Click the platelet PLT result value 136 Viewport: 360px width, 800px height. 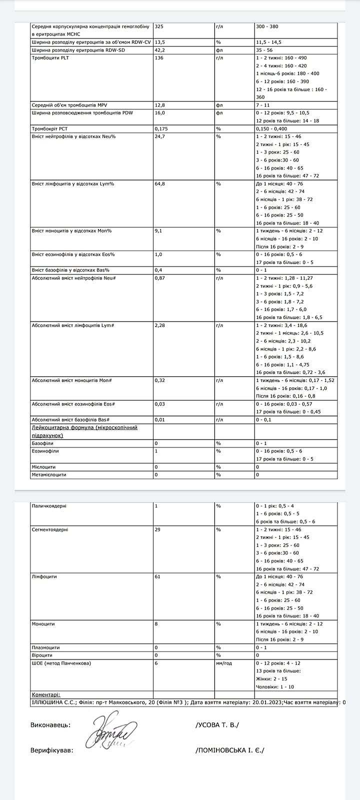pyautogui.click(x=159, y=58)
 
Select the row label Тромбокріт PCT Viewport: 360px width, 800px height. pyautogui.click(x=49, y=128)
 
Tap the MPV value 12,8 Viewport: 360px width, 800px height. pyautogui.click(x=160, y=105)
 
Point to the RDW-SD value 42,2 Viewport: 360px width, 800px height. pyautogui.click(x=160, y=50)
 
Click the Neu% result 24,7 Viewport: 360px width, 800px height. pyautogui.click(x=160, y=136)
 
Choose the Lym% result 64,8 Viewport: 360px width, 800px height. pyautogui.click(x=160, y=184)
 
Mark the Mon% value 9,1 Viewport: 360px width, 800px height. pyautogui.click(x=158, y=231)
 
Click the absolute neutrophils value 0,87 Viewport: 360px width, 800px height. pyautogui.click(x=160, y=278)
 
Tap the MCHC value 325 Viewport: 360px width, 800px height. pyautogui.click(x=159, y=26)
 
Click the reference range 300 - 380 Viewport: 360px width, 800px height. pyautogui.click(x=267, y=26)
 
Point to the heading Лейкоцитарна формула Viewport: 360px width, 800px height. pyautogui.click(x=84, y=428)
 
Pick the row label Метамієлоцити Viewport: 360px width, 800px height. pyautogui.click(x=49, y=474)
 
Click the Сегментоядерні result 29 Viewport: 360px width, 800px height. pyautogui.click(x=157, y=529)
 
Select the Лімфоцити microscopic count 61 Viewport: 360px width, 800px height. pyautogui.click(x=157, y=577)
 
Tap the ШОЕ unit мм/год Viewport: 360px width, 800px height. pyautogui.click(x=224, y=663)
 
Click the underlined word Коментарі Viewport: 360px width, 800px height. pyautogui.click(x=46, y=694)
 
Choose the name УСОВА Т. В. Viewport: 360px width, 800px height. pyautogui.click(x=217, y=725)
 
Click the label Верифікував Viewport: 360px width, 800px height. pyautogui.click(x=51, y=750)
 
